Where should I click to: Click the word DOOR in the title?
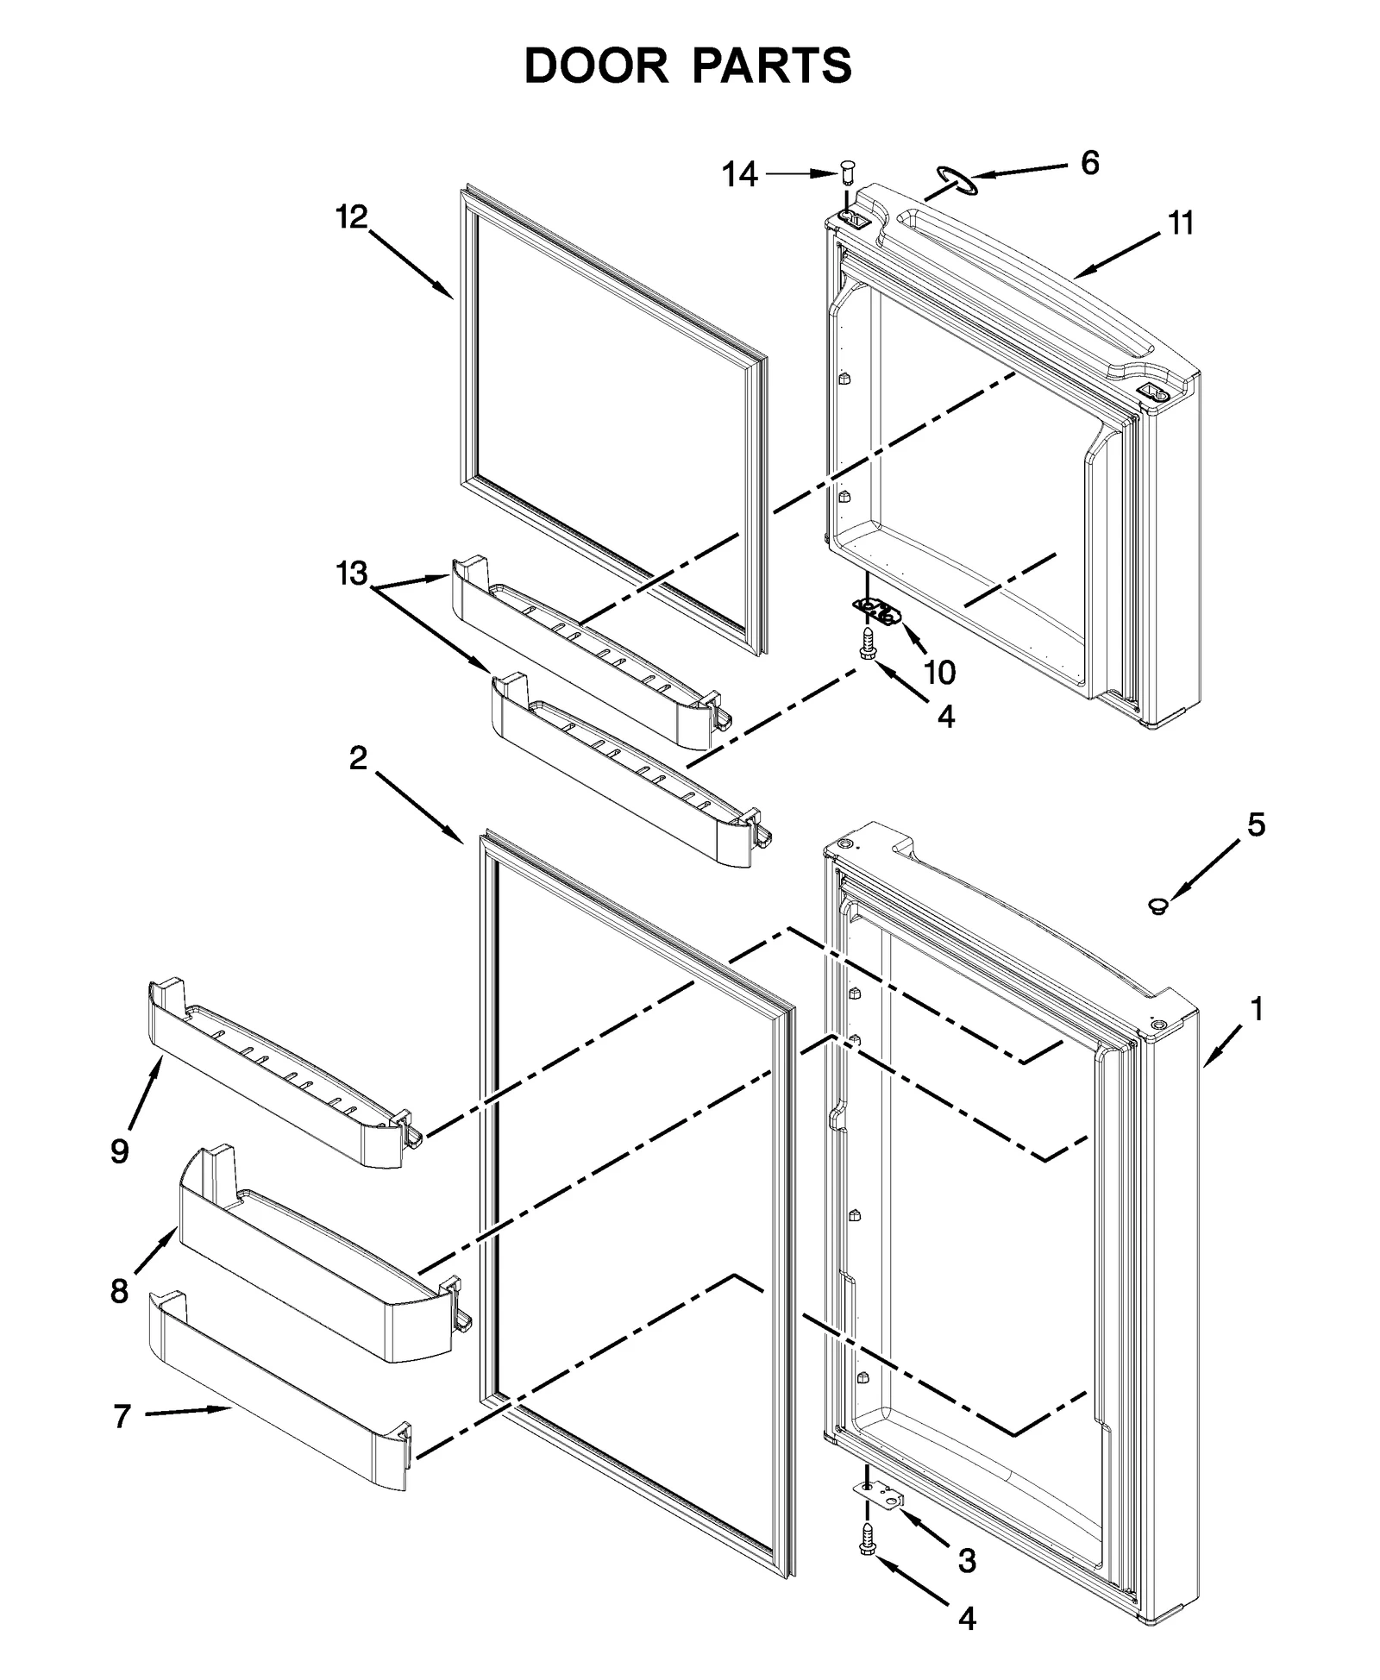[596, 66]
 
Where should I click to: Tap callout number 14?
[739, 175]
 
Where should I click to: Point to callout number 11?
[1181, 223]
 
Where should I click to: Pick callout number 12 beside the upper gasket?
[352, 217]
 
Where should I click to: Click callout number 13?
[352, 574]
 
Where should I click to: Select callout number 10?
[940, 672]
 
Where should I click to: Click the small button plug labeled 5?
[1157, 906]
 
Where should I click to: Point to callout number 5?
[1256, 825]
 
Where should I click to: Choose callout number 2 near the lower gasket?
[358, 758]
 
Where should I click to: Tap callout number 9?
[120, 1150]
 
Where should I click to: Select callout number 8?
[120, 1291]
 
